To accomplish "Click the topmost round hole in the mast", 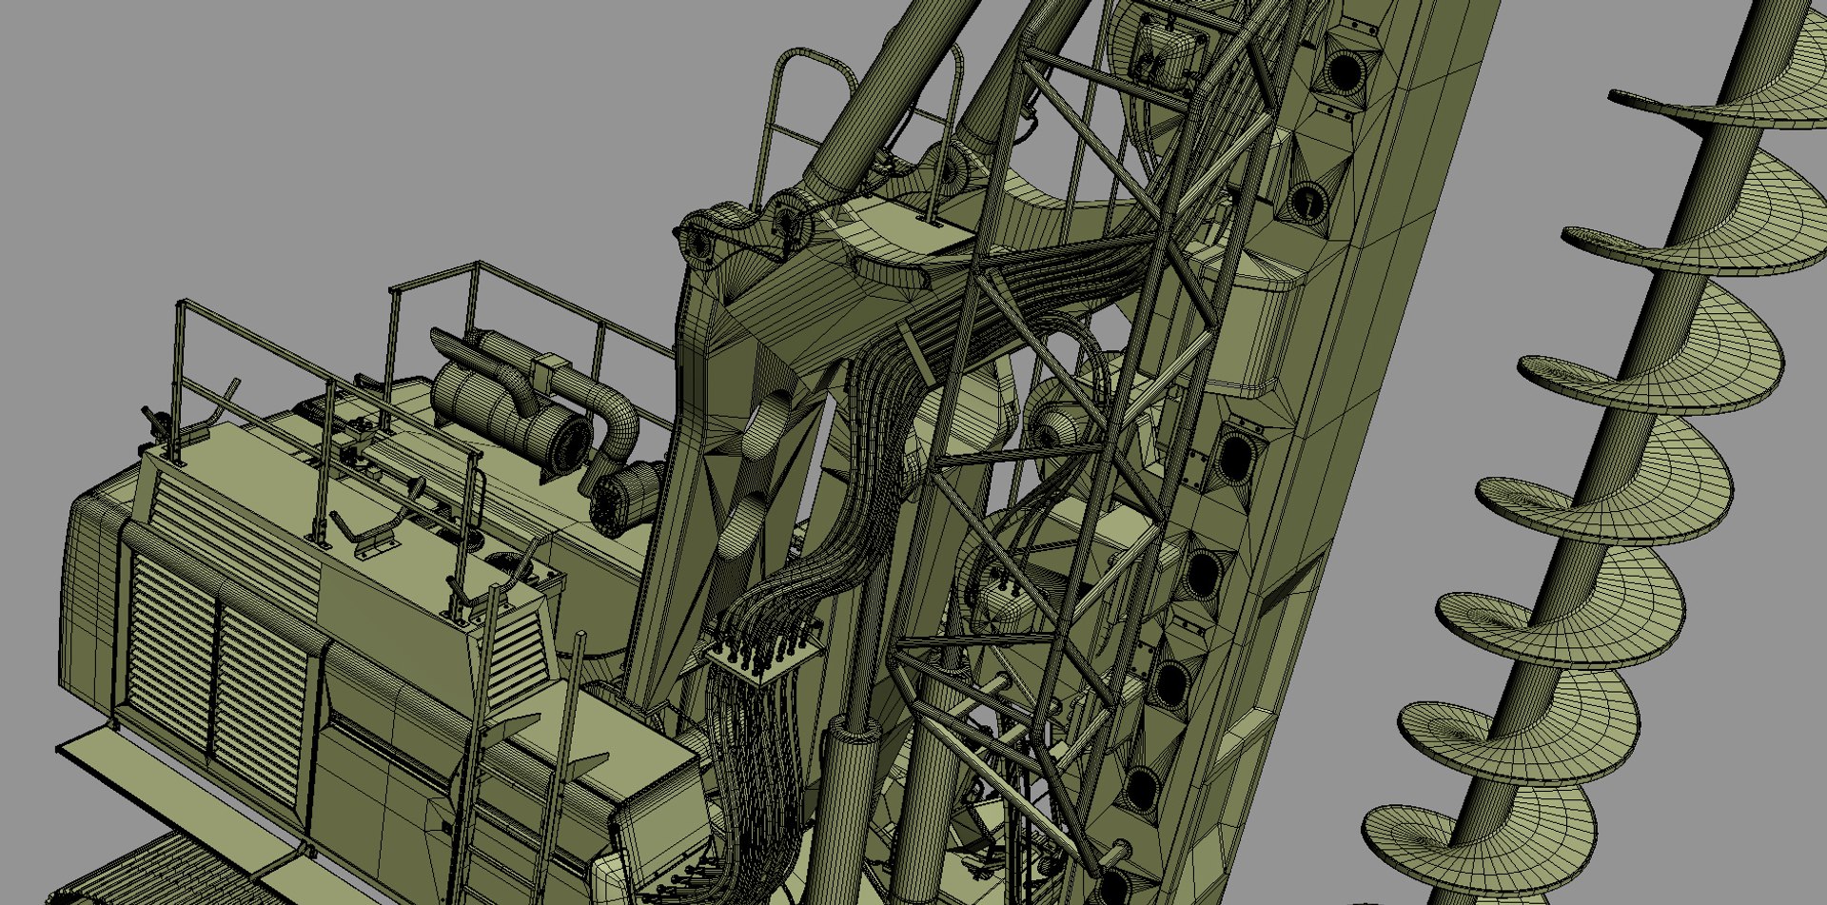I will point(1342,71).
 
